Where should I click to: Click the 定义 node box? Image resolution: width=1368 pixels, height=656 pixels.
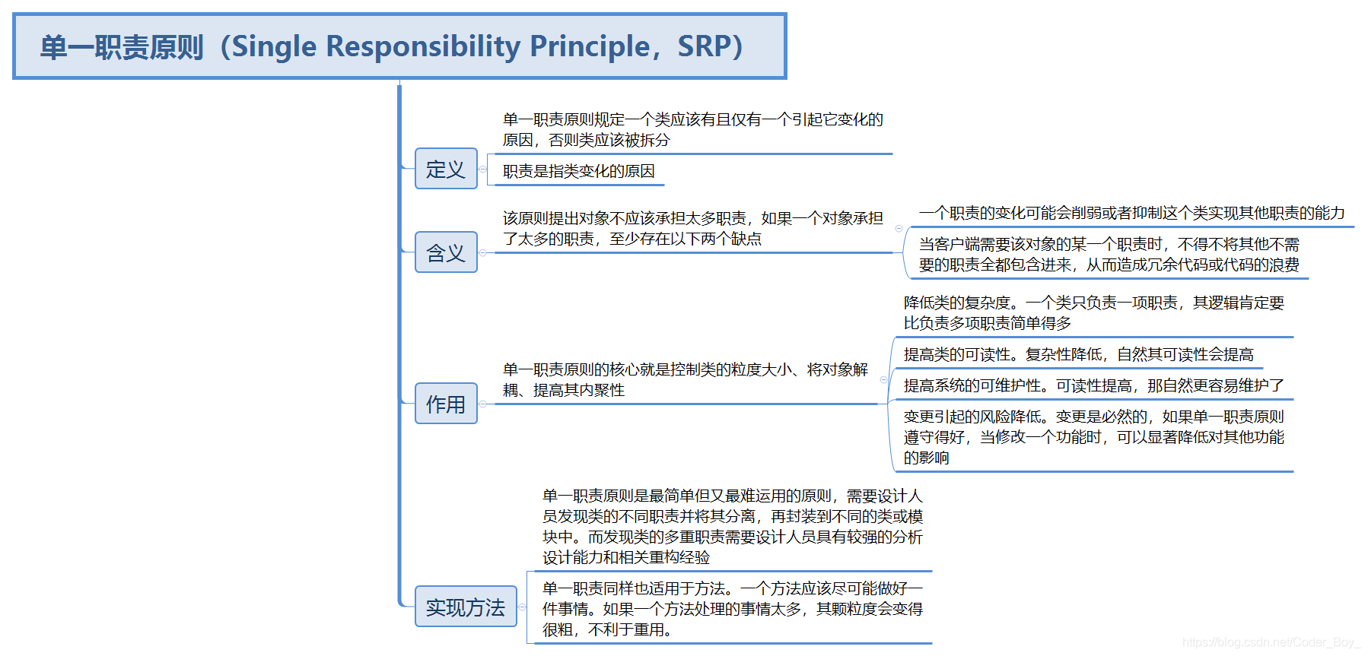(446, 169)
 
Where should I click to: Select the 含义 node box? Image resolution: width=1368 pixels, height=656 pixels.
(446, 252)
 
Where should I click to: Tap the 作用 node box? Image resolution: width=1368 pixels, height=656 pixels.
(446, 404)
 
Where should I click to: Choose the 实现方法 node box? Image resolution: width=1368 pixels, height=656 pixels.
(466, 607)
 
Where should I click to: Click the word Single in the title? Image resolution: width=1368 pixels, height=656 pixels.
(274, 46)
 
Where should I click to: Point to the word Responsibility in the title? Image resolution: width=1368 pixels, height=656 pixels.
(423, 46)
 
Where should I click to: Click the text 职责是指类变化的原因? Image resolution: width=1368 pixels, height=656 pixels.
(578, 171)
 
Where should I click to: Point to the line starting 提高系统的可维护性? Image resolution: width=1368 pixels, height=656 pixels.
(1093, 385)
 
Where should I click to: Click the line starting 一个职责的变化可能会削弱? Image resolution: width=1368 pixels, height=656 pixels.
(1131, 213)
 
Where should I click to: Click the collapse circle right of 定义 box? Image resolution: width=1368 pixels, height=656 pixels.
(483, 169)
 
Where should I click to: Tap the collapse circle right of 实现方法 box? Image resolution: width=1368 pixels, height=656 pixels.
(522, 607)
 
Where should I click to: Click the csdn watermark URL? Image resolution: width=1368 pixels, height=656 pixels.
(1270, 642)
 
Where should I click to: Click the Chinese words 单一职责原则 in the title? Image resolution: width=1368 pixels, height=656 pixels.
(122, 47)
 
